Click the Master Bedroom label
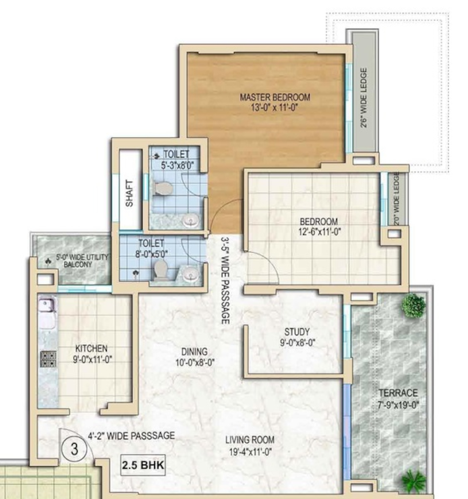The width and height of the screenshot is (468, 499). [275, 97]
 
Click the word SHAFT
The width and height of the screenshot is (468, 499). [129, 193]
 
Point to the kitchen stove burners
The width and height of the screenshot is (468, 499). [48, 359]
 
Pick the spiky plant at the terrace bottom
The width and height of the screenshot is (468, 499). [413, 480]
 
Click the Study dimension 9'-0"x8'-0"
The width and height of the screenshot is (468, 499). [297, 343]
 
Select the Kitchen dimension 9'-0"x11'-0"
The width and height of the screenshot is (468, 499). [92, 360]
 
